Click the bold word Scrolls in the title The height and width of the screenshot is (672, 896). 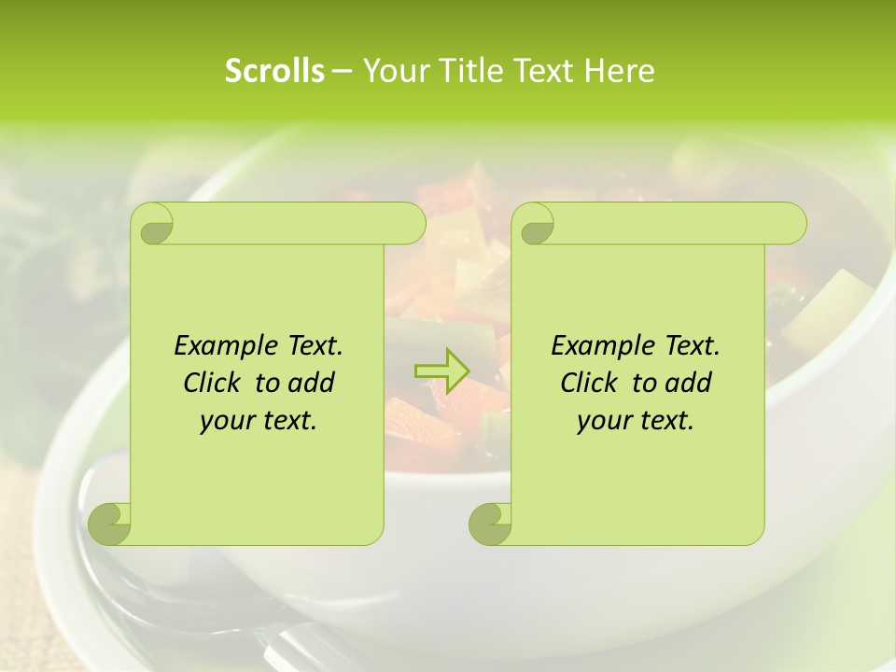pos(274,71)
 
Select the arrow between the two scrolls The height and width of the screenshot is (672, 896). pos(441,371)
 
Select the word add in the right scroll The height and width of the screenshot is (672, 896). pos(690,383)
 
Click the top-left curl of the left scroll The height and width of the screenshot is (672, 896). pos(152,225)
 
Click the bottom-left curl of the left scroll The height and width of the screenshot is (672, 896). pos(110,524)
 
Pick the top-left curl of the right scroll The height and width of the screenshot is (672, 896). pos(533,225)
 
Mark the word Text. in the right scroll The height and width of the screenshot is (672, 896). pos(692,346)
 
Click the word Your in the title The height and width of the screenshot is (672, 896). pos(389,71)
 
